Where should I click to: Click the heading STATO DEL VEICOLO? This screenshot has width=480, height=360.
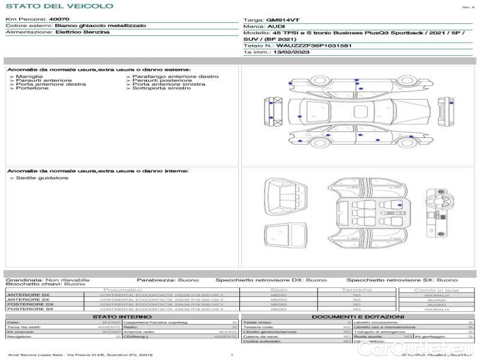[x=59, y=6]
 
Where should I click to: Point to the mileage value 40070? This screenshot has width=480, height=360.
[x=59, y=20]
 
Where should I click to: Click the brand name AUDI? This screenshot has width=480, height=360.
[x=277, y=26]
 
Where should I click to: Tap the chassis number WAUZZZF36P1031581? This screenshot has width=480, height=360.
[x=314, y=46]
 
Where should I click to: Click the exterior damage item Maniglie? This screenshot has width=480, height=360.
[x=29, y=77]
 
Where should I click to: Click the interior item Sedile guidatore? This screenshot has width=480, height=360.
[x=42, y=178]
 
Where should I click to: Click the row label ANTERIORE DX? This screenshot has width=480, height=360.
[x=28, y=295]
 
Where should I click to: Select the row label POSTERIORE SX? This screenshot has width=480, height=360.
[x=29, y=310]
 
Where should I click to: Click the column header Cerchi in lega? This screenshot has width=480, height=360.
[x=436, y=290]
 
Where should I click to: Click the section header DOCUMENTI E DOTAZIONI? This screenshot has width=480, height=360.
[x=358, y=317]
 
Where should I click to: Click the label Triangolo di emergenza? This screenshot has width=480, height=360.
[x=377, y=332]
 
